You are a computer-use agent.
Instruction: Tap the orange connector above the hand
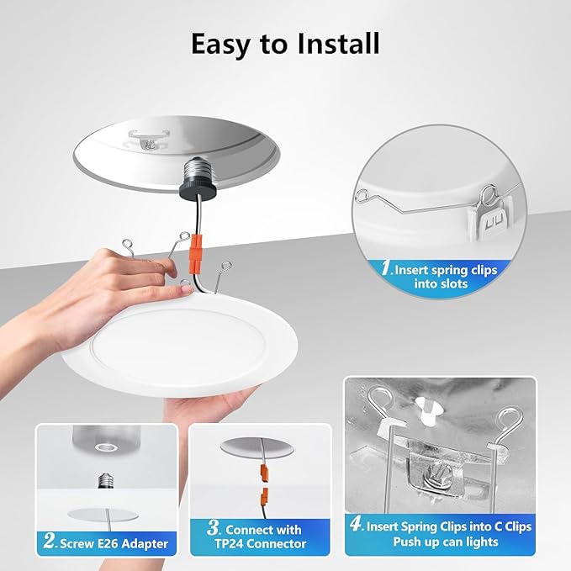pyautogui.click(x=195, y=251)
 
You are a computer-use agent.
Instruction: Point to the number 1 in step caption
pyautogui.click(x=387, y=269)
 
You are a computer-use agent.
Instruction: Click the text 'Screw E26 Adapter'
pyautogui.click(x=114, y=544)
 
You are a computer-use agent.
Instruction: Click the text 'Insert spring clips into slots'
pyautogui.click(x=443, y=277)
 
